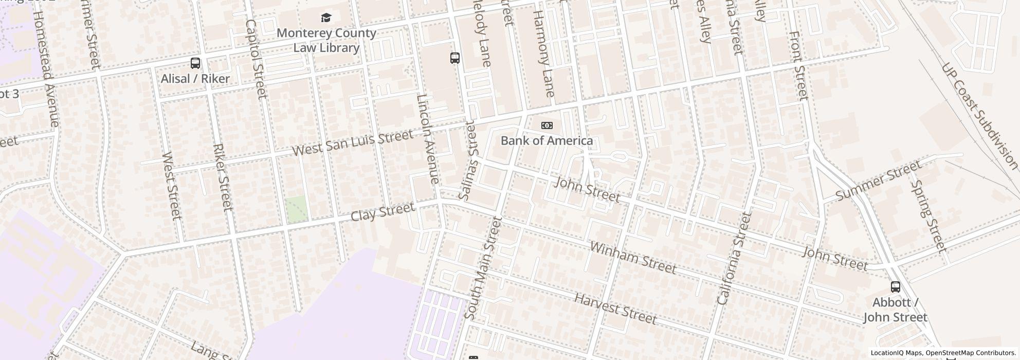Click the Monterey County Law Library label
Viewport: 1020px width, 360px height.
pyautogui.click(x=326, y=41)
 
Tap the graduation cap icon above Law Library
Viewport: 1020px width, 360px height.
pyautogui.click(x=326, y=18)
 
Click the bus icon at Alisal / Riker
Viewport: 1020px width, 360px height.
pyautogui.click(x=195, y=63)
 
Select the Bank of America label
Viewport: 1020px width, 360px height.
pyautogui.click(x=547, y=140)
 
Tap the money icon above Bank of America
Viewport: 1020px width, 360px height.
pyautogui.click(x=547, y=125)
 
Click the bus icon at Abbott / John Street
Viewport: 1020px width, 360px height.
pyautogui.click(x=895, y=287)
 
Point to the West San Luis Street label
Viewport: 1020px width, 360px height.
pyautogui.click(x=353, y=143)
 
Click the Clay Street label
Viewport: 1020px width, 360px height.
pyautogui.click(x=383, y=211)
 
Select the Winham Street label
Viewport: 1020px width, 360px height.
pyautogui.click(x=633, y=258)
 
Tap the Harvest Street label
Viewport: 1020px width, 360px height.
pyautogui.click(x=615, y=309)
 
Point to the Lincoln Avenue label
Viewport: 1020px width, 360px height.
pyautogui.click(x=428, y=139)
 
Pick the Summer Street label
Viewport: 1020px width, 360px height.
pyautogui.click(x=878, y=181)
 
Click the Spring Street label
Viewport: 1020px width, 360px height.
pyautogui.click(x=928, y=216)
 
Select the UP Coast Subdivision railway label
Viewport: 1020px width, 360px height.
pyautogui.click(x=979, y=116)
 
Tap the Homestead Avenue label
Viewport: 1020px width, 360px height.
pyautogui.click(x=46, y=67)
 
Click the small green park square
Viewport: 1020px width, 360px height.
pyautogui.click(x=297, y=209)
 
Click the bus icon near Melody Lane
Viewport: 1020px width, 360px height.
pyautogui.click(x=455, y=58)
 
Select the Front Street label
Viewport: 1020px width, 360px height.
pyautogui.click(x=798, y=65)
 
